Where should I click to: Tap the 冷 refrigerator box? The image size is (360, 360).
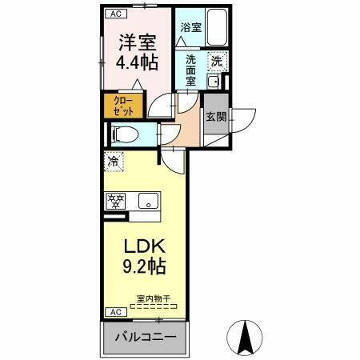114,161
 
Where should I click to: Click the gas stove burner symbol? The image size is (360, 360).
114,200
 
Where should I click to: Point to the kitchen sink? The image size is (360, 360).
147,200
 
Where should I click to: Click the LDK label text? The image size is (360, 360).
143,246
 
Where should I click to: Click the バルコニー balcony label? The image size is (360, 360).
143,336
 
